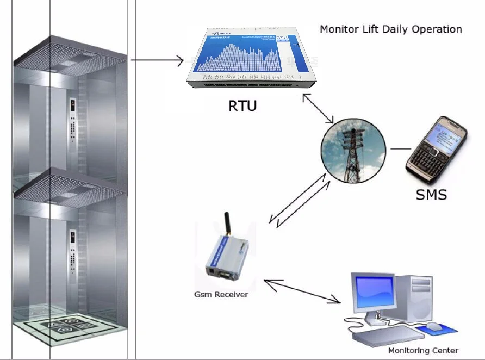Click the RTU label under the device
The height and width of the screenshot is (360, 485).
point(242,105)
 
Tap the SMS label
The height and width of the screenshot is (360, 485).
point(431,194)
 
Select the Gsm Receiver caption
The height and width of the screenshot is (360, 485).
point(221,294)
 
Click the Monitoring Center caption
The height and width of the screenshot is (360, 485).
point(423,350)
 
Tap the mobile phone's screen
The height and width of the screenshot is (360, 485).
point(446,137)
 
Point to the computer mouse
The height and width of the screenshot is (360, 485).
point(433,326)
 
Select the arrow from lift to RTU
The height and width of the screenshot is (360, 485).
point(158,60)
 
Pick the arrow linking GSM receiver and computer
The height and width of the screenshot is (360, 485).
point(302,291)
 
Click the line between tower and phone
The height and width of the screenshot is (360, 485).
point(401,148)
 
